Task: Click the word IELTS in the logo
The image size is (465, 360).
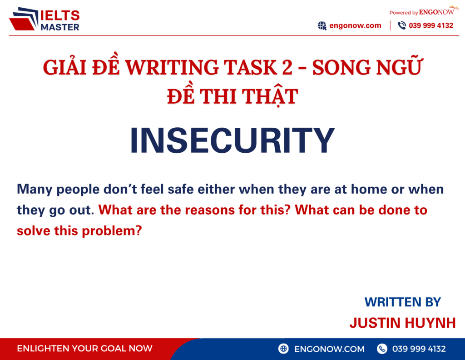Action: pyautogui.click(x=60, y=16)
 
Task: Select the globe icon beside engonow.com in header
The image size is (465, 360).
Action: pyautogui.click(x=322, y=26)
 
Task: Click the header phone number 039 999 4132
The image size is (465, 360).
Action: pyautogui.click(x=431, y=25)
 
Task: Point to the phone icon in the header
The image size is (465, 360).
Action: pyautogui.click(x=401, y=26)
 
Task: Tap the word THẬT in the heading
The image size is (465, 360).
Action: pyautogui.click(x=273, y=96)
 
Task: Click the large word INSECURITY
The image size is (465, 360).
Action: pyautogui.click(x=232, y=141)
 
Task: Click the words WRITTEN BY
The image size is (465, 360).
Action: pyautogui.click(x=402, y=302)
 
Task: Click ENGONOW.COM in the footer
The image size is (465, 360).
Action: pyautogui.click(x=329, y=349)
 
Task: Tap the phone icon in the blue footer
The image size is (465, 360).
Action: pyautogui.click(x=382, y=349)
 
